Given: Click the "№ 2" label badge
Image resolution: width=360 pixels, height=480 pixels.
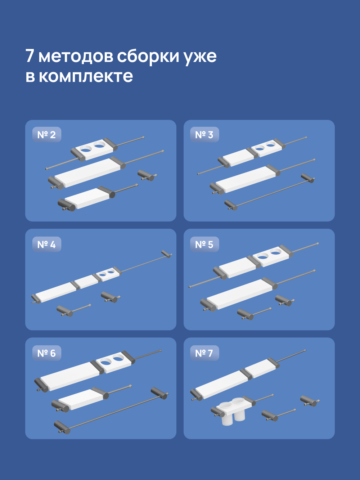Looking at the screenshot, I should point(46,135).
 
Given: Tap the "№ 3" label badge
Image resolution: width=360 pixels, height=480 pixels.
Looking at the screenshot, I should point(204,135).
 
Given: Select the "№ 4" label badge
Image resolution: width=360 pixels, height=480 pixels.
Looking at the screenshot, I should point(46,245).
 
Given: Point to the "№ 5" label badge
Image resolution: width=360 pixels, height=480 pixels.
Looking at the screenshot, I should point(204,245).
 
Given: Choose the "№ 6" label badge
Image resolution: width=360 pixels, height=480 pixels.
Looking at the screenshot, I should point(46,353).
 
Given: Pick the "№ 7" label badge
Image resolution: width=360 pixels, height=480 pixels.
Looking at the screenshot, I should point(204,353).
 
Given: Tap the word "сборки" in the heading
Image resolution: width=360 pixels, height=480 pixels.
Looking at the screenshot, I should point(148,56).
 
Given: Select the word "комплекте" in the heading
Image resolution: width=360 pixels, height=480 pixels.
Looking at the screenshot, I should point(86,76).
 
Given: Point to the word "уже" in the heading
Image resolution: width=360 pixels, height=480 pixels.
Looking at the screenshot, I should point(200,57).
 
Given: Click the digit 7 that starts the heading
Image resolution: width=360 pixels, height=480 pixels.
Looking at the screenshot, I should point(30,56).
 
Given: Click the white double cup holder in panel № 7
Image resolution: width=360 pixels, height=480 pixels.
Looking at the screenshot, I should point(232,411).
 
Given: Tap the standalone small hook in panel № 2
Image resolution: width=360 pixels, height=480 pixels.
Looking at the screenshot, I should point(147,176).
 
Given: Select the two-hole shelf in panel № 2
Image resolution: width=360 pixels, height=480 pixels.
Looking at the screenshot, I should point(93,148).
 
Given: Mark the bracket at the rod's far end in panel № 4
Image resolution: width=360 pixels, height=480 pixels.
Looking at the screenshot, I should point(166,254).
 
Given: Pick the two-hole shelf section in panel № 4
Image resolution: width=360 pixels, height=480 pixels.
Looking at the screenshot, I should point(107,274).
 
